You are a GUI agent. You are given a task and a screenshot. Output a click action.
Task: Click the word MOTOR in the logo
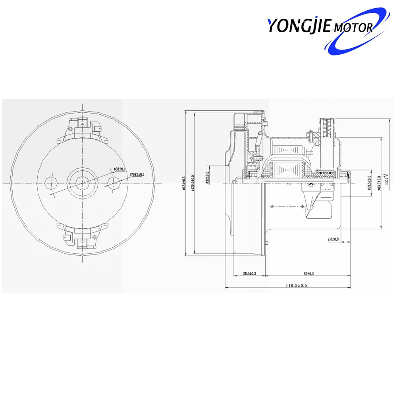pos(353,28)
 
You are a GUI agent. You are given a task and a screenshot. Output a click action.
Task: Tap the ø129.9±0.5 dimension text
pos(193,183)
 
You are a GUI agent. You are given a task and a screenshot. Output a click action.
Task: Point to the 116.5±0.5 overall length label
pos(297,285)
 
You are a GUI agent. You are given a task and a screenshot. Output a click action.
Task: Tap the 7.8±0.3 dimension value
pos(333,239)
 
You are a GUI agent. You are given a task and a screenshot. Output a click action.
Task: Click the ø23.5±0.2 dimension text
pos(369,183)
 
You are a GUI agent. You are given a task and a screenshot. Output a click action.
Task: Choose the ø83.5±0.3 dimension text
pos(380,183)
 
